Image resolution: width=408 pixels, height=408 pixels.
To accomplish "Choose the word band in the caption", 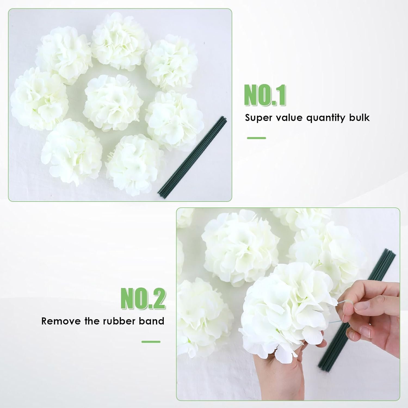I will (x=152, y=321).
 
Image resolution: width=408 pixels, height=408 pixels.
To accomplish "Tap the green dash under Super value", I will (x=256, y=138).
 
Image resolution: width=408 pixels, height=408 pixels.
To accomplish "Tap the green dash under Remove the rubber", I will (x=151, y=342).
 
